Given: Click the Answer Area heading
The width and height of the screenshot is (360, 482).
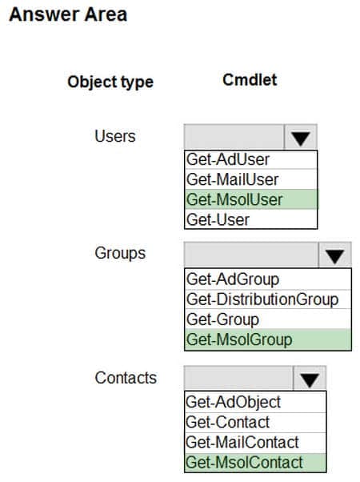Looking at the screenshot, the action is point(68,14).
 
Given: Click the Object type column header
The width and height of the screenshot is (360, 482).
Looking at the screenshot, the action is point(110,82).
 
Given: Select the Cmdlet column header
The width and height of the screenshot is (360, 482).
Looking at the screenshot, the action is point(250,80).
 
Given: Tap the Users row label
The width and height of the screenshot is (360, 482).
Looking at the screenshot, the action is point(115,136).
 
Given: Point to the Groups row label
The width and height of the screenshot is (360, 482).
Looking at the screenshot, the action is point(120,253).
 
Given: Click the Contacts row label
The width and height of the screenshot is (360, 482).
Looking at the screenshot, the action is point(126,378).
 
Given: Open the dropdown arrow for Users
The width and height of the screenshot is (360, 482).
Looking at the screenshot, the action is point(301,137).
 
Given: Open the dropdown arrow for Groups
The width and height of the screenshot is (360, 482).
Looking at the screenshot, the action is point(335,255).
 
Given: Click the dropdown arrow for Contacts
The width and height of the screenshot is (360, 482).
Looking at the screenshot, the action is point(310,379).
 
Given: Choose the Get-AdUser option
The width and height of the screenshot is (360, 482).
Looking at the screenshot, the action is point(250,160).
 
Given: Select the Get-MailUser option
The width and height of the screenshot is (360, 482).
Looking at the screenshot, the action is point(250,179).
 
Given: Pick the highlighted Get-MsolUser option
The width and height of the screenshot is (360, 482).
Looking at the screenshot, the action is point(250,199).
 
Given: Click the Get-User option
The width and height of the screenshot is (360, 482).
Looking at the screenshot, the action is point(250,219).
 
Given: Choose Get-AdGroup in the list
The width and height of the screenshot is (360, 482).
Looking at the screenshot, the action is point(268,279).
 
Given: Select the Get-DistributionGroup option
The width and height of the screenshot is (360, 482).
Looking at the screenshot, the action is point(268,299).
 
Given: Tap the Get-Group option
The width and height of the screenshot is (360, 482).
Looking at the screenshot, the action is point(268,319).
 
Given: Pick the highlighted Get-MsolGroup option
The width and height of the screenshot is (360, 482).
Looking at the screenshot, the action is point(268,339).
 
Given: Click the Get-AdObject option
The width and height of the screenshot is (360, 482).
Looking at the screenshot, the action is point(255,402).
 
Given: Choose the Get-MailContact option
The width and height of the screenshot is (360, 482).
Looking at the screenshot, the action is point(255,443).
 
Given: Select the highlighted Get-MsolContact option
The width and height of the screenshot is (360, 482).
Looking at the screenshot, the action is point(255,463).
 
